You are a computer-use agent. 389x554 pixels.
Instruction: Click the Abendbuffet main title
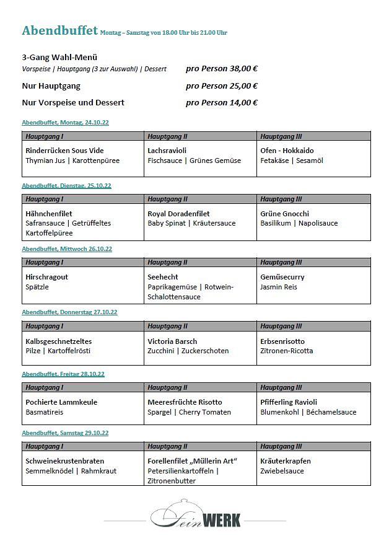click(59, 30)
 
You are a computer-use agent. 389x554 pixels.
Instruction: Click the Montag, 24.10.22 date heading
click(66, 123)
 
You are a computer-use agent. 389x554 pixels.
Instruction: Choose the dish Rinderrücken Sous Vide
click(64, 151)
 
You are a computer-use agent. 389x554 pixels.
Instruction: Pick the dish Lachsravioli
click(167, 151)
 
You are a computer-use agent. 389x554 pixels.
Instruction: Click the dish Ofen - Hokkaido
click(287, 151)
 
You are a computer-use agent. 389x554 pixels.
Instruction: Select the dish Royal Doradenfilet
click(178, 214)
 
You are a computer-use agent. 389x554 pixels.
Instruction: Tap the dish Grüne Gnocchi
click(284, 214)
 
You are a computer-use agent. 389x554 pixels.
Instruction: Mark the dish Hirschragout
click(46, 277)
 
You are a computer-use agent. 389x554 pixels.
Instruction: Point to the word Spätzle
click(37, 287)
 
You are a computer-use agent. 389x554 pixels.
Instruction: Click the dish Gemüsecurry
click(282, 277)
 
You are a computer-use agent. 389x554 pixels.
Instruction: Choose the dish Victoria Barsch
click(172, 341)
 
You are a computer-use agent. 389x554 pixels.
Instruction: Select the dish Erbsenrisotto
click(282, 341)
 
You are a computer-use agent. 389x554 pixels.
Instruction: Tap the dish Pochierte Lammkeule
click(61, 402)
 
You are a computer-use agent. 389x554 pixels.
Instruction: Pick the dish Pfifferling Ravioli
click(289, 402)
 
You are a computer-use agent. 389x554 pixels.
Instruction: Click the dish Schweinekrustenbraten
click(64, 461)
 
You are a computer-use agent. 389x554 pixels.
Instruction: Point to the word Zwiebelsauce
click(282, 471)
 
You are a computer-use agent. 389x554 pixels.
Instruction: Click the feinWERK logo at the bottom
click(195, 516)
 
